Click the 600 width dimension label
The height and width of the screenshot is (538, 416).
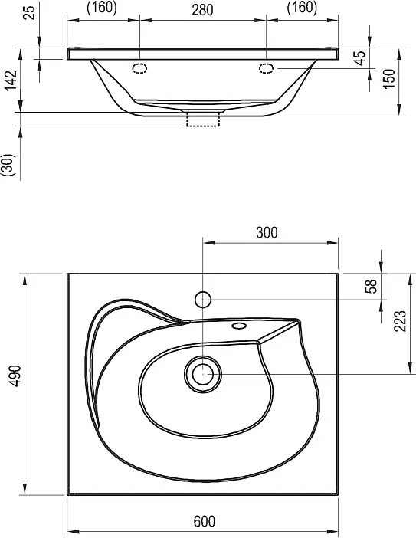(x=205, y=521)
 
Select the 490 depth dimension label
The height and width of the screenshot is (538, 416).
(x=15, y=376)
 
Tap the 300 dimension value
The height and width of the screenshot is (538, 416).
(x=267, y=233)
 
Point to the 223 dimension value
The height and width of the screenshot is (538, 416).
(x=400, y=321)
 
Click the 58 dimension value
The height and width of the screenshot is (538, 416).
(x=371, y=286)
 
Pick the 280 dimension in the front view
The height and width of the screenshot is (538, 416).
(x=202, y=10)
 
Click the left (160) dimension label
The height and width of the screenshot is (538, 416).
(x=102, y=8)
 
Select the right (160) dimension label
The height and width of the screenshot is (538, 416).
(x=302, y=8)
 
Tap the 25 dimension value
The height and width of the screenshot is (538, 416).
(x=30, y=12)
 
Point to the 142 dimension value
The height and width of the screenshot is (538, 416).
(x=11, y=80)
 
